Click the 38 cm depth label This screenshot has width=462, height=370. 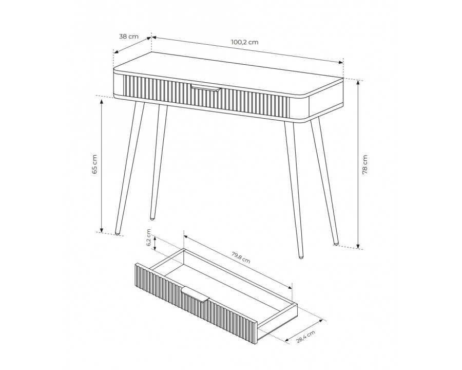128,36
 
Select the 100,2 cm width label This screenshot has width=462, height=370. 244,42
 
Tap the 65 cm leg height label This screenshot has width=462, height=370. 94,164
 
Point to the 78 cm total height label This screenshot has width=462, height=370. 365,164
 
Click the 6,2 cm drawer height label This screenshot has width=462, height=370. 148,238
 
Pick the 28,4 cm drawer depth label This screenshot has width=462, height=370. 305,337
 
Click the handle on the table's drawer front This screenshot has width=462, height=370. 205,88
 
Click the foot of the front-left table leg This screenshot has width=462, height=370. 118,233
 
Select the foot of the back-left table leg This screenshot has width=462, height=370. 152,218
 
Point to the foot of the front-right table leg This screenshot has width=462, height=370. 301,256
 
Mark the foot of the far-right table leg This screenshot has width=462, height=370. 336,244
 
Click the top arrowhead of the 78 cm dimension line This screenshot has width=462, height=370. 358,82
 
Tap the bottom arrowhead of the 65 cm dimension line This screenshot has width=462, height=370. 101,230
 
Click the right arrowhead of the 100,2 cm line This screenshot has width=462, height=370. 341,62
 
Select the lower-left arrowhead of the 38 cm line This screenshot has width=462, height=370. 117,52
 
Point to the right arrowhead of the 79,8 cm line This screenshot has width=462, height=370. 290,287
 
